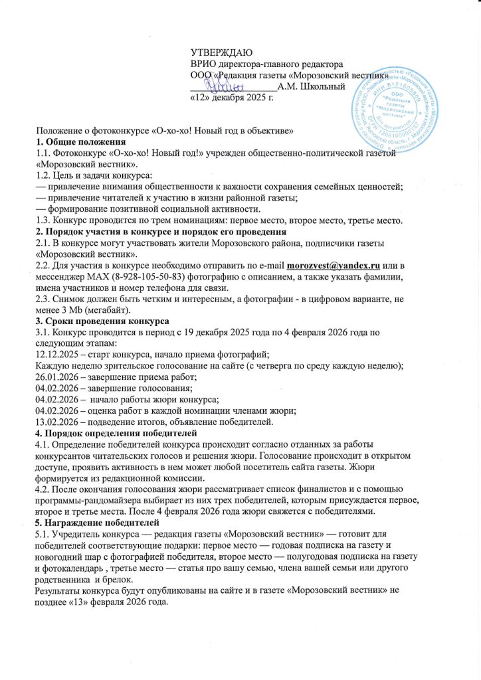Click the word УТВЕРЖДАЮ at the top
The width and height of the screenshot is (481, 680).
pyautogui.click(x=218, y=52)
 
